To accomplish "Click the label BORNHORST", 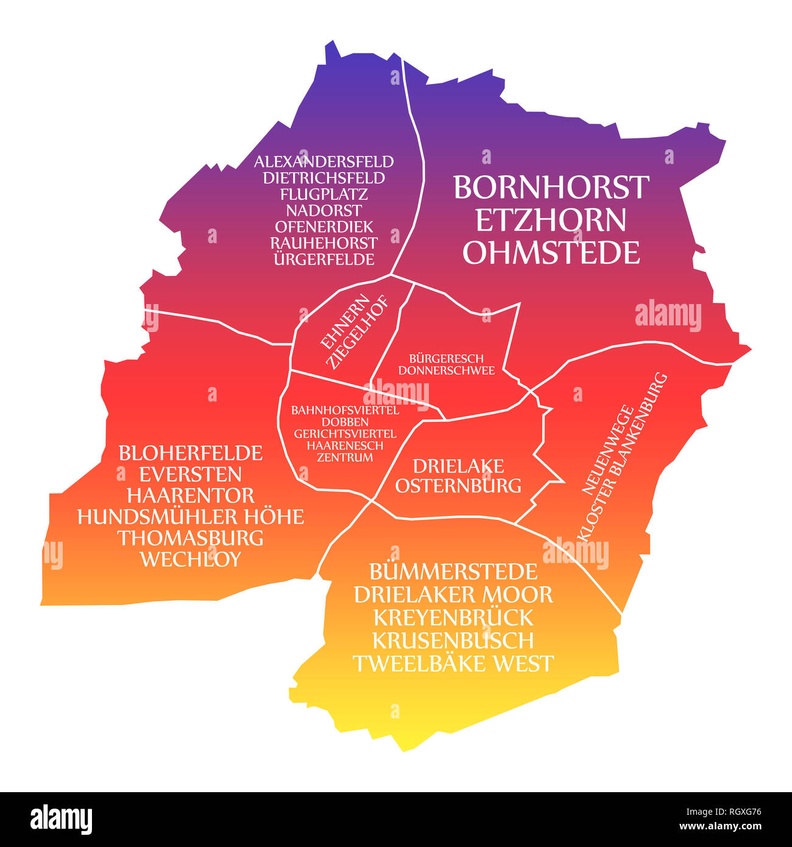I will [x=551, y=188].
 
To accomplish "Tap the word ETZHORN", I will [x=551, y=220].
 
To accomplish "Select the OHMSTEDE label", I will [x=551, y=252].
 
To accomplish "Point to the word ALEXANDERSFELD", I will [x=324, y=162].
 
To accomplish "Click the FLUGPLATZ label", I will [x=324, y=194].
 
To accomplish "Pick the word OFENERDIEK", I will [x=324, y=227].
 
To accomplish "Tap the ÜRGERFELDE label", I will [x=324, y=259].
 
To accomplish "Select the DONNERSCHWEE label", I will [x=446, y=370].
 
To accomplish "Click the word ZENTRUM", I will [x=345, y=457].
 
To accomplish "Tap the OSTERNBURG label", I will [x=458, y=486].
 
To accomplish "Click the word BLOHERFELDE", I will [x=190, y=453].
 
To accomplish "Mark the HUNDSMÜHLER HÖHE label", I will [x=190, y=517].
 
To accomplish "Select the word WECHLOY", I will [x=190, y=559].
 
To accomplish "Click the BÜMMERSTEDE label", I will [x=453, y=572].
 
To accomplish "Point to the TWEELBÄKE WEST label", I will [x=453, y=663].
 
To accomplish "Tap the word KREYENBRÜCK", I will [x=453, y=617].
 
